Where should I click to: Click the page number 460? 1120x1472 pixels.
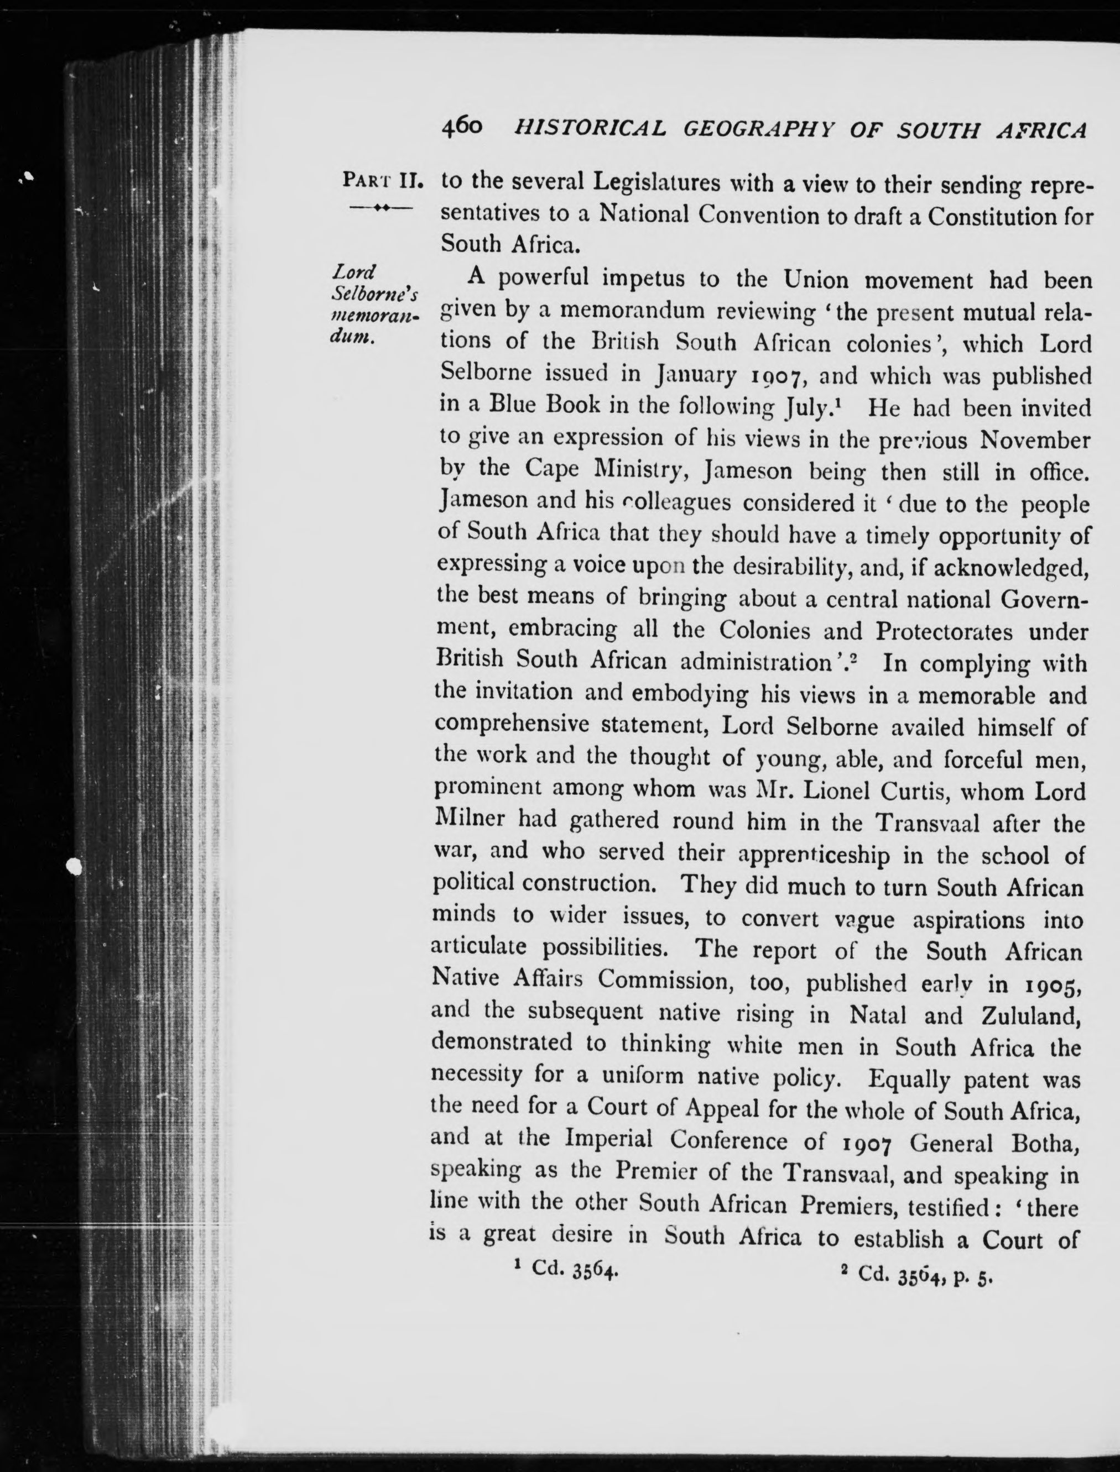click(x=465, y=127)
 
